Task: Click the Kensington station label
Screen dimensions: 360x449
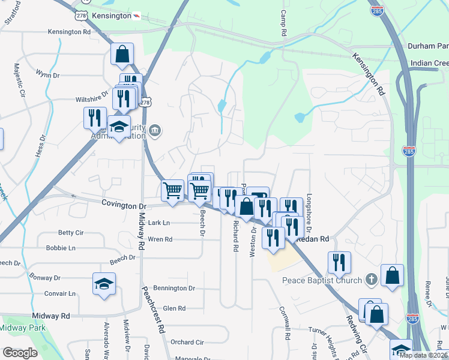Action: click(x=113, y=16)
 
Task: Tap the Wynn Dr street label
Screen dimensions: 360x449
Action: click(x=47, y=75)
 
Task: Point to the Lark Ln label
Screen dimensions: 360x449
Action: click(x=159, y=223)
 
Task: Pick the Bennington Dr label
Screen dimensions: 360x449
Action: click(x=174, y=288)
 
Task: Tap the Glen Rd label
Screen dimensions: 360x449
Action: click(x=174, y=308)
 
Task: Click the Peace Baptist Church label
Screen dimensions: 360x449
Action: click(x=322, y=280)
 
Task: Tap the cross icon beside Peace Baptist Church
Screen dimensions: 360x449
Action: click(x=372, y=280)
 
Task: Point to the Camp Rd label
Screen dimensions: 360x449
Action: click(x=285, y=22)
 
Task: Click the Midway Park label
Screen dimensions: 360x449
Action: click(x=18, y=328)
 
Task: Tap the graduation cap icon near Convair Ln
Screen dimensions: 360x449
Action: click(x=104, y=283)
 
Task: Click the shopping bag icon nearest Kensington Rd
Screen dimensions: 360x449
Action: click(x=122, y=55)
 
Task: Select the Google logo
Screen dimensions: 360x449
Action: click(x=20, y=353)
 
